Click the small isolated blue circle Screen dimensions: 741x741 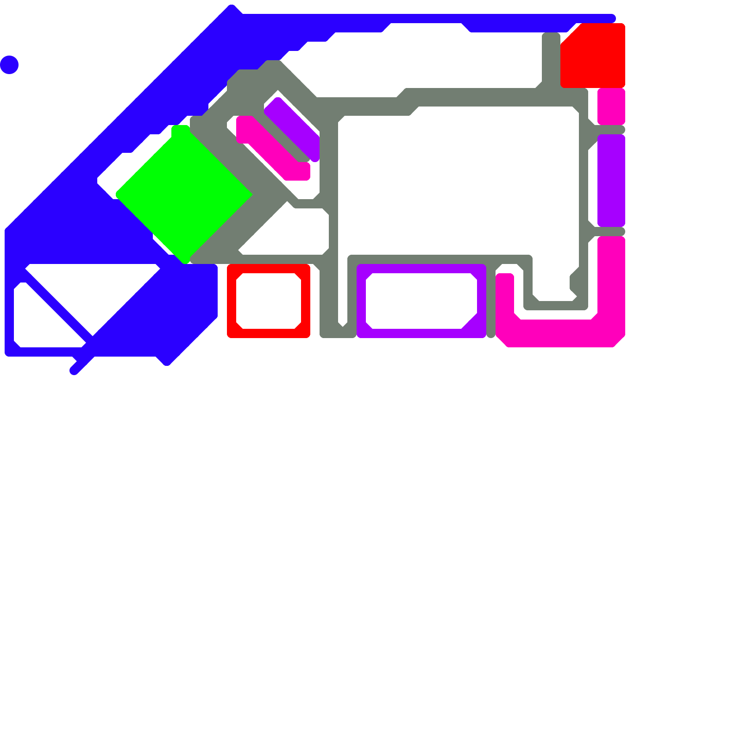(x=9, y=65)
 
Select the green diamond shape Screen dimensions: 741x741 (x=184, y=195)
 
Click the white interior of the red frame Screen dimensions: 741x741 (x=269, y=301)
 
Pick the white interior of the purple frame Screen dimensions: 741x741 (x=421, y=301)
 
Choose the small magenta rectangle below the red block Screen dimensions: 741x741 (x=611, y=107)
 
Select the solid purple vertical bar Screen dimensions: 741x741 (x=611, y=181)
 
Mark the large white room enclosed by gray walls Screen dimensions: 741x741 (x=458, y=181)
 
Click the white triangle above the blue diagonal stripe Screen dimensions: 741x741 (x=93, y=287)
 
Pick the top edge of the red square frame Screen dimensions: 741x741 (x=269, y=269)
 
